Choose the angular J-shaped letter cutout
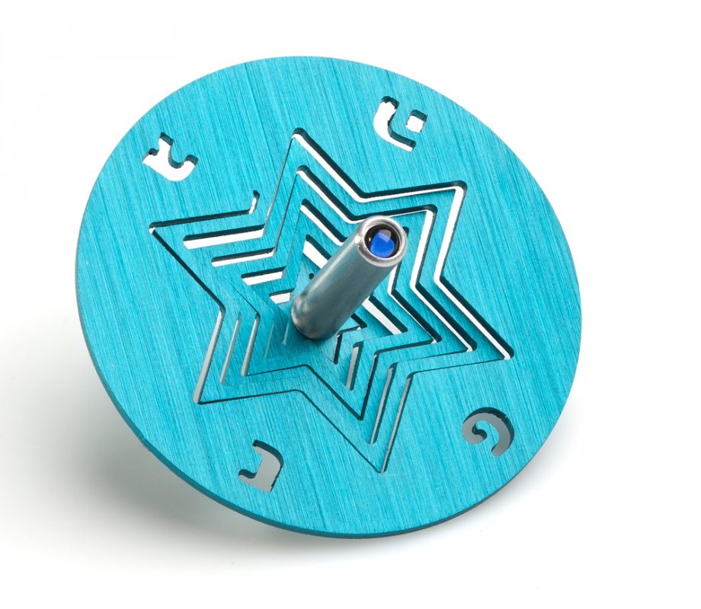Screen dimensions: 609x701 point(260,470)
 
